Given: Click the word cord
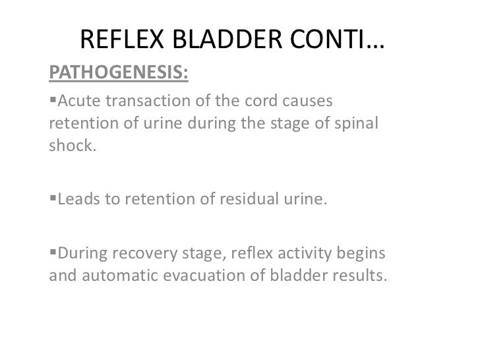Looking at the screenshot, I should pos(262,102).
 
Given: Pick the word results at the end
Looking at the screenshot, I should pos(357,276).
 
